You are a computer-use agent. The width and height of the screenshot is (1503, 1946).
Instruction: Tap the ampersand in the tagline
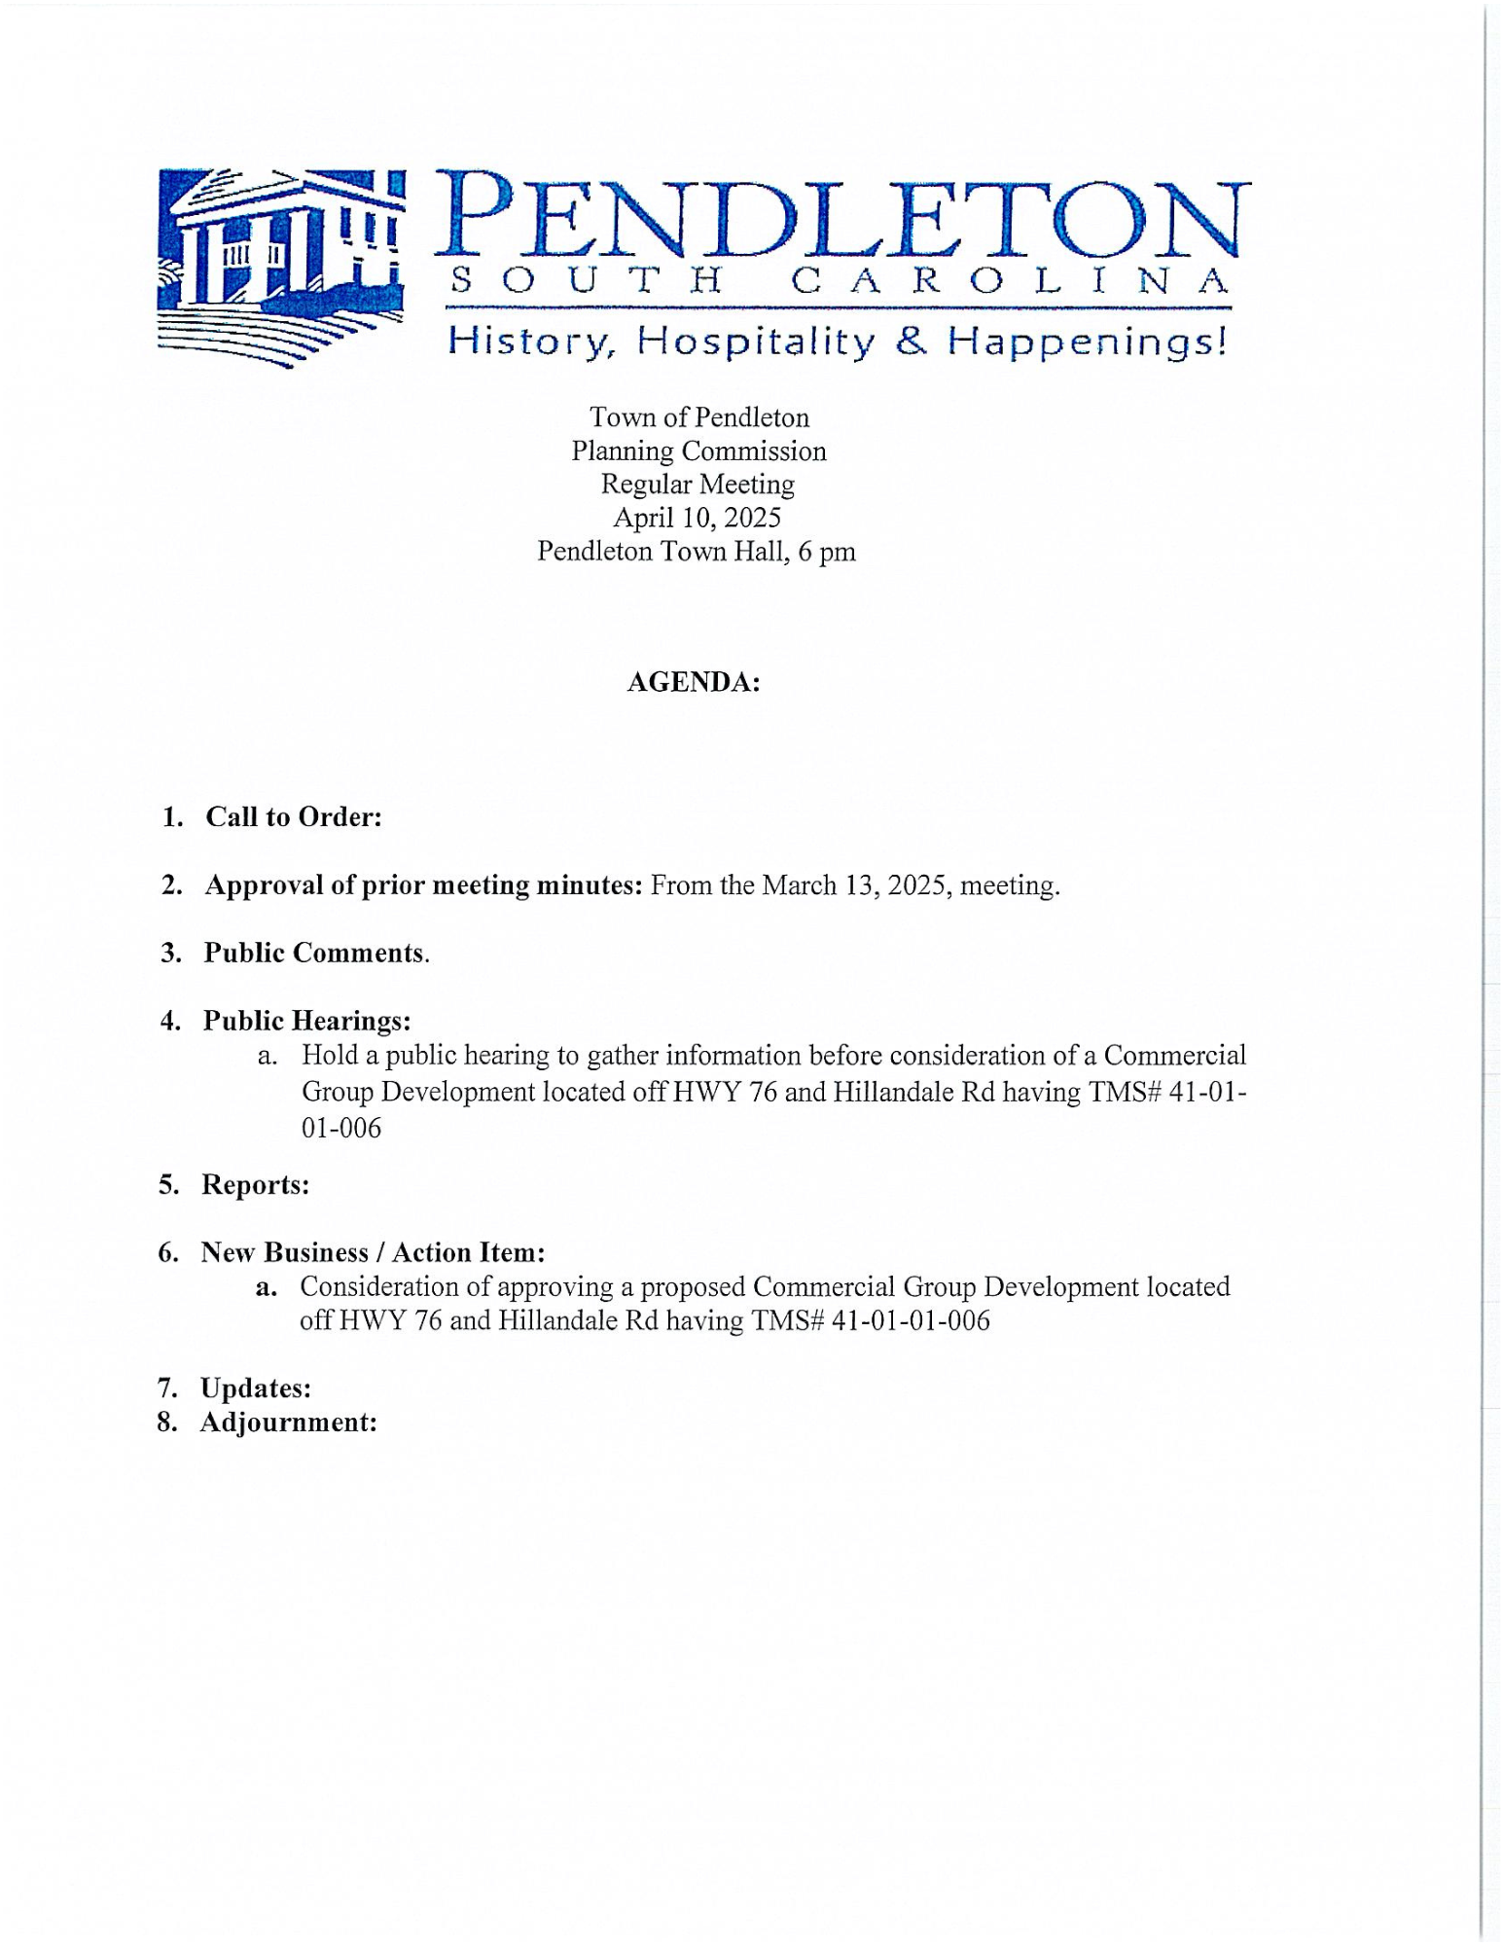[x=912, y=341]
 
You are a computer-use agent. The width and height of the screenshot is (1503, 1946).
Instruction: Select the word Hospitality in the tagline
[x=756, y=342]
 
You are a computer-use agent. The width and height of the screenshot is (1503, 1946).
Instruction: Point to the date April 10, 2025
[x=697, y=518]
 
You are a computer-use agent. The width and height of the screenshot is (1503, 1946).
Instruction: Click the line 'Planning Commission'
[x=698, y=451]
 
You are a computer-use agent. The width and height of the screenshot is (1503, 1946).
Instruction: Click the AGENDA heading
[x=693, y=682]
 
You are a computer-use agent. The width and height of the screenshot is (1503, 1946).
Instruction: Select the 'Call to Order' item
[x=293, y=817]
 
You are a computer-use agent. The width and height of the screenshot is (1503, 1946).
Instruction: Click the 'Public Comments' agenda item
[x=315, y=953]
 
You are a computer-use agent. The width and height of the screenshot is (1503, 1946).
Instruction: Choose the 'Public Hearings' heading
[x=306, y=1021]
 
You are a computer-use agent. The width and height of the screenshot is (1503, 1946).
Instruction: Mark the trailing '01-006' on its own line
[x=341, y=1129]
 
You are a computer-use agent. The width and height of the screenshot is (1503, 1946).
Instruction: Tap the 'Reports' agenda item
[x=255, y=1185]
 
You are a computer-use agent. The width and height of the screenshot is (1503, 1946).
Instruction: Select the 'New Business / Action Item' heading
[x=372, y=1252]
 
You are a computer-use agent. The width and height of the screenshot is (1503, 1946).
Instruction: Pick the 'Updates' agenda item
[x=256, y=1387]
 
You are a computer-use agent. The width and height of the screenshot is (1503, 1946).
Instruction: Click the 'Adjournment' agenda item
[x=288, y=1423]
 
